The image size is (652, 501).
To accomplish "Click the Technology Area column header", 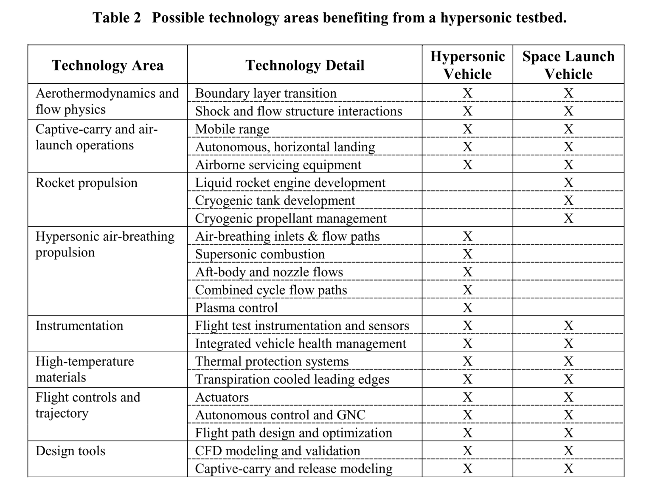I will pos(107,65).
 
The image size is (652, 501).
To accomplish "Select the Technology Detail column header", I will pos(305,65).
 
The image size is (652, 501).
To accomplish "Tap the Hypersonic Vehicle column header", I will pos(467,65).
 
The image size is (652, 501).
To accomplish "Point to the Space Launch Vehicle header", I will pos(568,65).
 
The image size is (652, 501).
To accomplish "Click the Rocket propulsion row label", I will pos(87,183).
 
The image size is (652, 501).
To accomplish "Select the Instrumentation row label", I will pos(79,326).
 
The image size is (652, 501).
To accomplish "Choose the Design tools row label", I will pos(70,451).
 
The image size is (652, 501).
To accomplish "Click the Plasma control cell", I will pos(236,307).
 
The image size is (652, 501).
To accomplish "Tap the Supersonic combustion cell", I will pos(260,254).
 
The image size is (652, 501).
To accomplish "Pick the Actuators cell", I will pos(222,397).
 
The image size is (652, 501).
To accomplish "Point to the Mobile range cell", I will pos(232,129).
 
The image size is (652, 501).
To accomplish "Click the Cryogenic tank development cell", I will pos(275,200).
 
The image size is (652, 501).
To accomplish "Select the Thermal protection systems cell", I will pos(272,361).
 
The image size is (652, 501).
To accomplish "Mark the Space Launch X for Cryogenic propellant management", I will pos(568,218).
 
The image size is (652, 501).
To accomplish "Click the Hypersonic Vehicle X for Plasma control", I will pos(467,307).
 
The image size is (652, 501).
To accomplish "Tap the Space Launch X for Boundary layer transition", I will pos(568,93).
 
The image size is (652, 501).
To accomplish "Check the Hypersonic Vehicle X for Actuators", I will pos(467,397).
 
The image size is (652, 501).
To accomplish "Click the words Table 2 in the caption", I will pos(117,18).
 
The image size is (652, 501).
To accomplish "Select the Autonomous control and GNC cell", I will pos(280,415).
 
